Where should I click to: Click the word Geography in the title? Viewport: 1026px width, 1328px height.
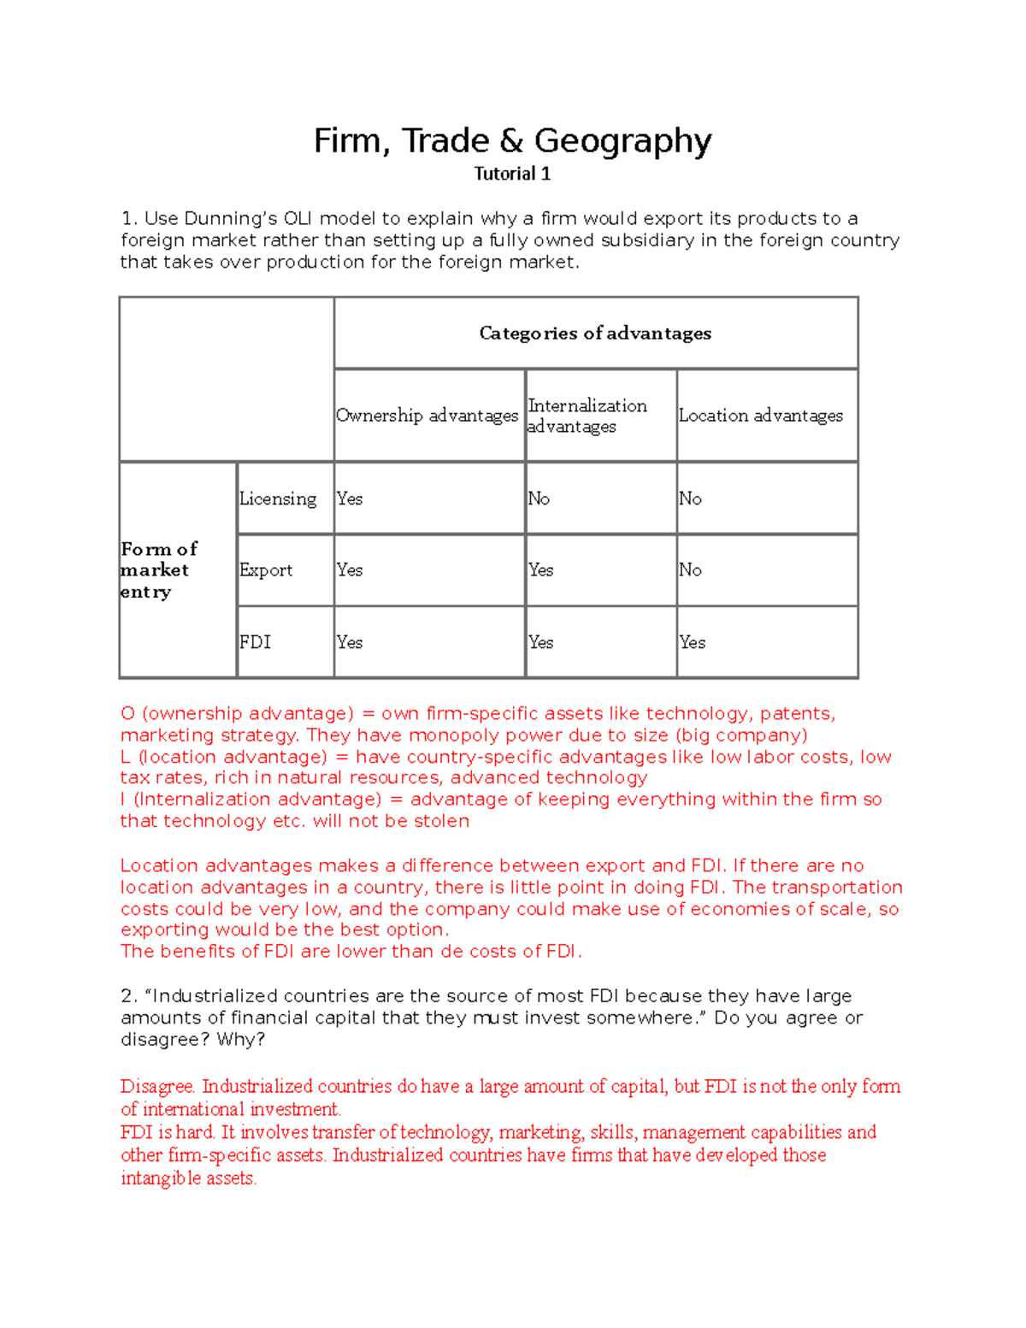click(x=622, y=141)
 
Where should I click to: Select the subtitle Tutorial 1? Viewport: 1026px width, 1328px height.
click(x=512, y=174)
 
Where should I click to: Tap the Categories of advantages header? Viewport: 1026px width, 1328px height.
click(x=595, y=333)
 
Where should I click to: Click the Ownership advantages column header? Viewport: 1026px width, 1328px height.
click(x=427, y=416)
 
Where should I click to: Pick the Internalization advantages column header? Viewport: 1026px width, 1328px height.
click(x=587, y=416)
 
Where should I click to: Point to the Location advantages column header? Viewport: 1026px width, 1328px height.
click(x=760, y=416)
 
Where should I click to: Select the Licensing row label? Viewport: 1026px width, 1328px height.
click(x=278, y=499)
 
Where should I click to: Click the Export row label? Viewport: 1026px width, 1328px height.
click(x=266, y=570)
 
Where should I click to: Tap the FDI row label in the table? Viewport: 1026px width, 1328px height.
click(x=255, y=642)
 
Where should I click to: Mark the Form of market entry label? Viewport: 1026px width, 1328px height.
click(x=159, y=570)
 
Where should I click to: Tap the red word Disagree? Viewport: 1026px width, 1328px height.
click(x=158, y=1087)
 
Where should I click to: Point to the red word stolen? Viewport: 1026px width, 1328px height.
click(x=441, y=821)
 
